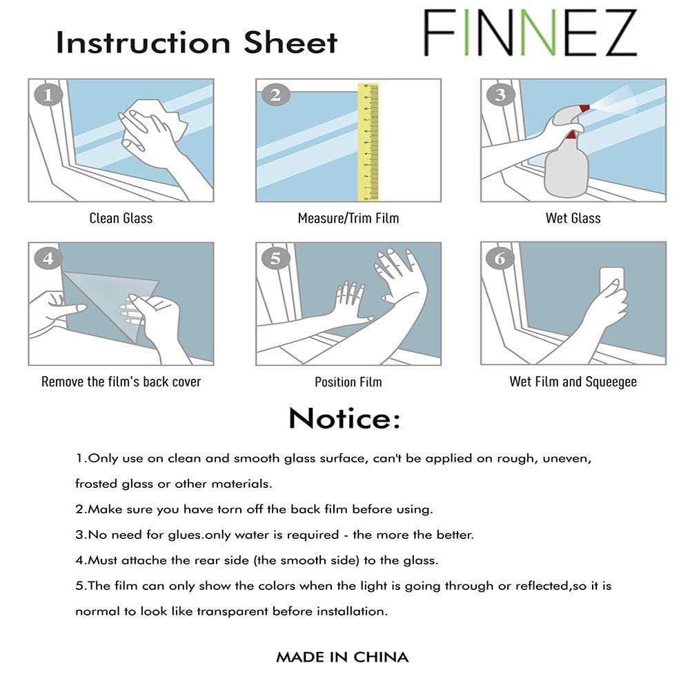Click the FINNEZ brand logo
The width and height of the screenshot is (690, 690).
tap(530, 33)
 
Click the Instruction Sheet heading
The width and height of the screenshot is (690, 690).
tap(197, 42)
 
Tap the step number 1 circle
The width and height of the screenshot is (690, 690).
tap(48, 95)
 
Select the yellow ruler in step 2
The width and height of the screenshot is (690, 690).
tap(368, 141)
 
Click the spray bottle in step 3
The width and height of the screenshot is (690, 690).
tap(566, 162)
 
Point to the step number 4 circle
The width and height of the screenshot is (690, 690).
tap(48, 259)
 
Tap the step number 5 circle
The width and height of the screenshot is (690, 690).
tap(275, 259)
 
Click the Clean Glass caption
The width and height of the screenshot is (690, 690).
tap(121, 218)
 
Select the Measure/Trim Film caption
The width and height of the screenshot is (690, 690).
tap(348, 218)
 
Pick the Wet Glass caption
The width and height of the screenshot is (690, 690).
tap(573, 218)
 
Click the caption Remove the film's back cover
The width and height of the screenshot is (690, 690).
tap(121, 382)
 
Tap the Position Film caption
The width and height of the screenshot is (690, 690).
tap(348, 382)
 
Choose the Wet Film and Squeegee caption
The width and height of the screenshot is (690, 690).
tap(573, 382)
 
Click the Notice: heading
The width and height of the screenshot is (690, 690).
tap(344, 418)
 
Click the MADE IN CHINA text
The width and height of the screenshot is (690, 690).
tap(342, 657)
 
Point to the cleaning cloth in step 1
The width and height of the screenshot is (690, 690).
tap(148, 124)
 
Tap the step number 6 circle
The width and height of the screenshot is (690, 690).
tap(500, 259)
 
